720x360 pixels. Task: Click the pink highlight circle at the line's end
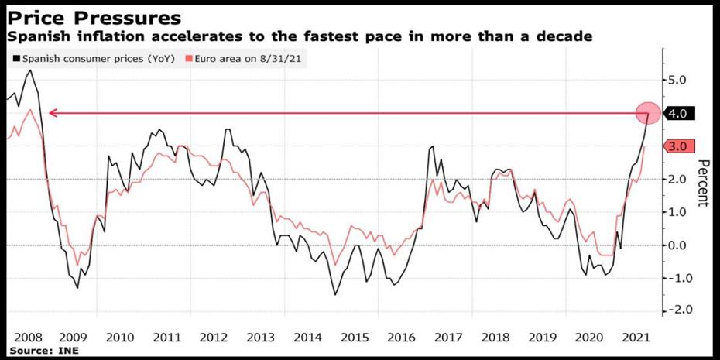point(648,113)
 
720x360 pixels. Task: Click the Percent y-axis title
point(704,183)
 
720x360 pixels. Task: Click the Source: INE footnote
point(43,351)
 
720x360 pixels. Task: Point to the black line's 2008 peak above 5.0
point(29,70)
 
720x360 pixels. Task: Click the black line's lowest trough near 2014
point(335,294)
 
